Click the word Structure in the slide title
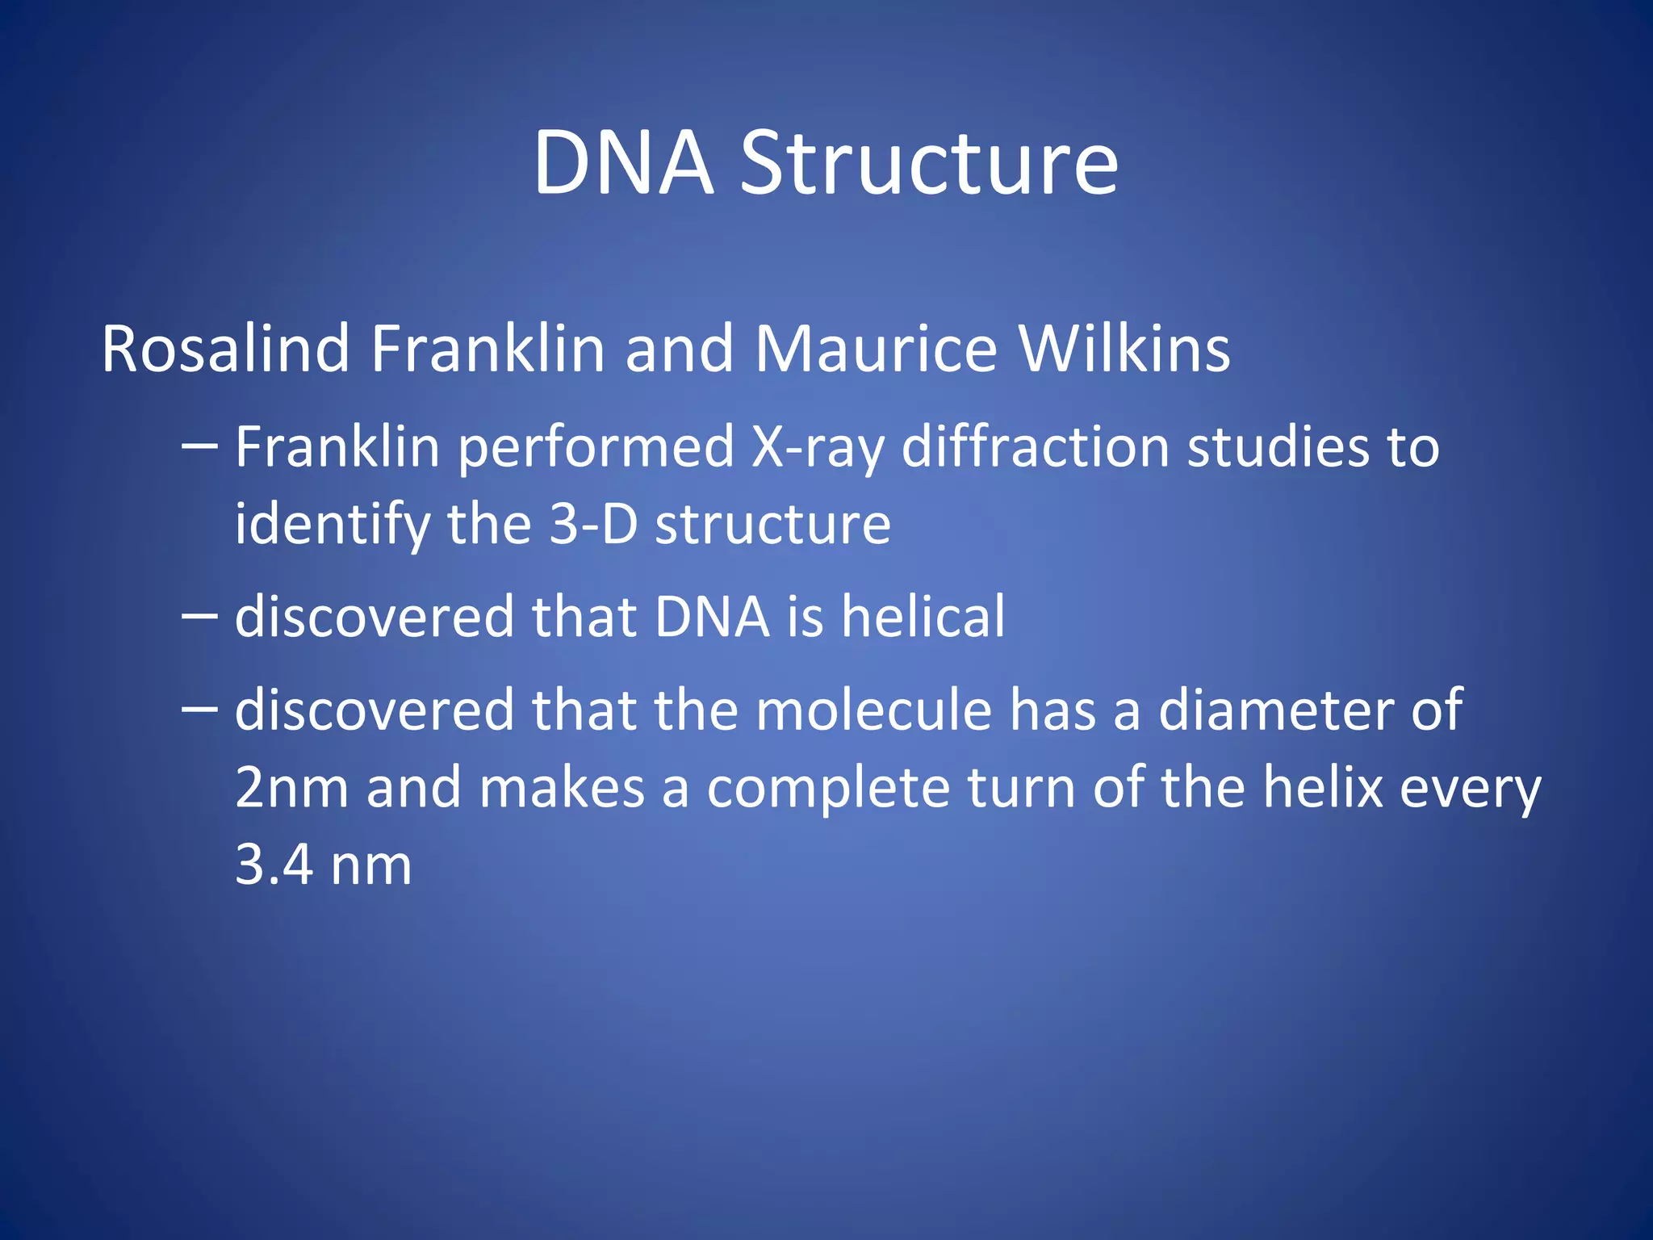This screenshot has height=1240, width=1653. coord(929,164)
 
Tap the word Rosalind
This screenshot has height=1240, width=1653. coord(225,350)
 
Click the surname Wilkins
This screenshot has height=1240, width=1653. coord(1124,350)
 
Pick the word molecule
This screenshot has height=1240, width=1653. coord(873,710)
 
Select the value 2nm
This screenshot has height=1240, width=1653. coord(291,789)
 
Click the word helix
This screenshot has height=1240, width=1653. coord(1323,789)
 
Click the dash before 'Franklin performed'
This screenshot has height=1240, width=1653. coord(199,445)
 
